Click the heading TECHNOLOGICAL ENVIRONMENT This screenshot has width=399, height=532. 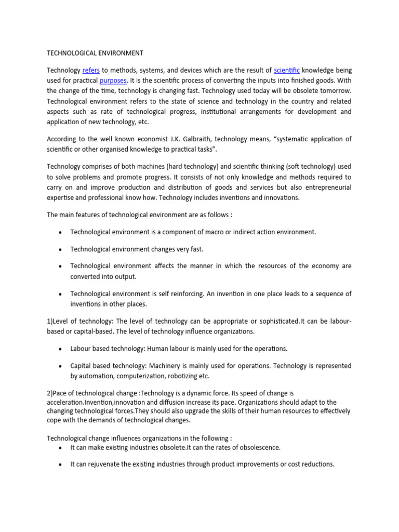click(95, 53)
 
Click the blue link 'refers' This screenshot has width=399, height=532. click(91, 70)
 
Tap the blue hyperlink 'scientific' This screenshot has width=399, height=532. click(287, 70)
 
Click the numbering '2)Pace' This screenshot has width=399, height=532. click(59, 393)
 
